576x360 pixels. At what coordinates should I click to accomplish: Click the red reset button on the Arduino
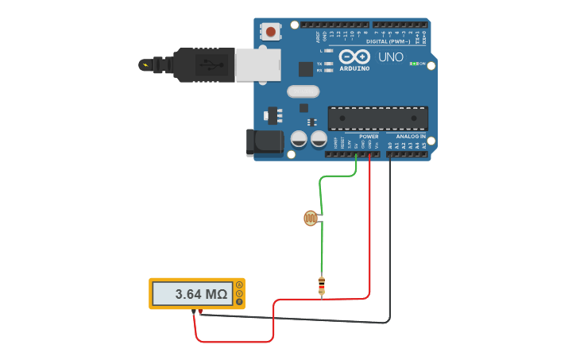click(x=272, y=32)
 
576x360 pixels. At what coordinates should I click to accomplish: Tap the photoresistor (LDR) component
click(x=311, y=218)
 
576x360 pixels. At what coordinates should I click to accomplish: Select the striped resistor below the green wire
click(x=321, y=285)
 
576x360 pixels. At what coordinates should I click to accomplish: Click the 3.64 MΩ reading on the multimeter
click(x=201, y=294)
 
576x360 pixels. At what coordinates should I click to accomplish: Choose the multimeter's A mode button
click(x=239, y=285)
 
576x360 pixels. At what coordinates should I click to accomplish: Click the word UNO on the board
click(x=391, y=57)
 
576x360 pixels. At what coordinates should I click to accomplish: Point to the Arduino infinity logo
click(x=354, y=56)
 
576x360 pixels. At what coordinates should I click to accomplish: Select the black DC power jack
click(x=264, y=141)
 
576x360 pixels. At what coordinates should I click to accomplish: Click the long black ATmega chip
click(x=377, y=118)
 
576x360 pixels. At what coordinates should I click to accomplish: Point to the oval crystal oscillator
click(x=303, y=91)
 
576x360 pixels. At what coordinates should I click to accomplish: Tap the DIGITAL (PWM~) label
click(x=388, y=41)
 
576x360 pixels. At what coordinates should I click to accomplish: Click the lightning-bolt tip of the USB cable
click(x=145, y=64)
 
